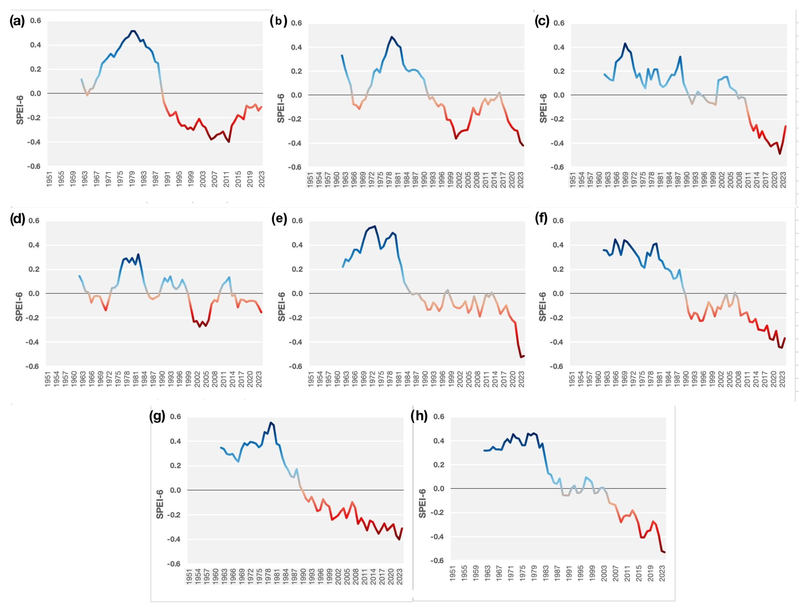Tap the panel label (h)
pos(419,416)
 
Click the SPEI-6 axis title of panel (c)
pos(543,108)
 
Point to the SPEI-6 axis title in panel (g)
pos(160,504)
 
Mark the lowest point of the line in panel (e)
pos(521,357)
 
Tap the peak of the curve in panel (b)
pos(392,37)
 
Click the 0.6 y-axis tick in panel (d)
pos(34,221)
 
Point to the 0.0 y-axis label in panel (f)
pos(558,293)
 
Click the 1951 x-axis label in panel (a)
pos(49,179)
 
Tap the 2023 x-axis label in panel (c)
pos(783,180)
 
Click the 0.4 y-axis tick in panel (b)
pos(296,47)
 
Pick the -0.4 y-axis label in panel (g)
pos(174,539)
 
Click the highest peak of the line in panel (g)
pos(271,423)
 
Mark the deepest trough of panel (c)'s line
pos(780,154)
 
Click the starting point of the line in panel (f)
pos(603,250)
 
